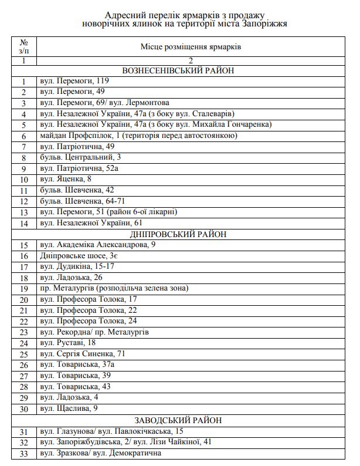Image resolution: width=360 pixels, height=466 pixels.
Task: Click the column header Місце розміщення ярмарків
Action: click(191, 46)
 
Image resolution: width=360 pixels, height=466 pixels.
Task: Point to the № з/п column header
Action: click(24, 46)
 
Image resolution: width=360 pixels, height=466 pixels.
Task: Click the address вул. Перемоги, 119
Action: click(74, 82)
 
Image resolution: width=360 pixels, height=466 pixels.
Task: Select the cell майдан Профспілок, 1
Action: click(138, 136)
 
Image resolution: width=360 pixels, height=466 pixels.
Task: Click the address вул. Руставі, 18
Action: click(68, 343)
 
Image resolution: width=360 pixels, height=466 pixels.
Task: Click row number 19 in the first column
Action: click(24, 289)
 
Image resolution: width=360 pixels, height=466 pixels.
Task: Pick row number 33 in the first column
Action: click(24, 453)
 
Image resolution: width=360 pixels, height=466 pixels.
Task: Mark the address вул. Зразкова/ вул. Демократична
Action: click(100, 453)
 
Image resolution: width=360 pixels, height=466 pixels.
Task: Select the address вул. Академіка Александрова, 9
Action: click(98, 245)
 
